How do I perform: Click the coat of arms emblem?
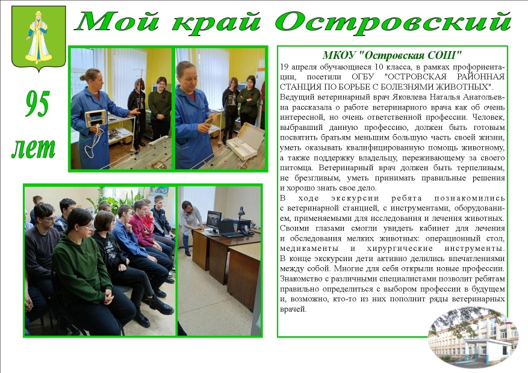pos(39,38)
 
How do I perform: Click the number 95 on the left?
pos(37,104)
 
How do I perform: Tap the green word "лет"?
pos(33,149)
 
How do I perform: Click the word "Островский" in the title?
pos(393,22)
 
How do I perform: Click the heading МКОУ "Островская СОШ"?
pos(392,55)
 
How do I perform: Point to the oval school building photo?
pos(473,338)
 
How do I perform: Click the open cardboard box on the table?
pos(246,141)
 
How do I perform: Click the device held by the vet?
pos(96,119)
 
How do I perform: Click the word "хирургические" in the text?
pos(400,248)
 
